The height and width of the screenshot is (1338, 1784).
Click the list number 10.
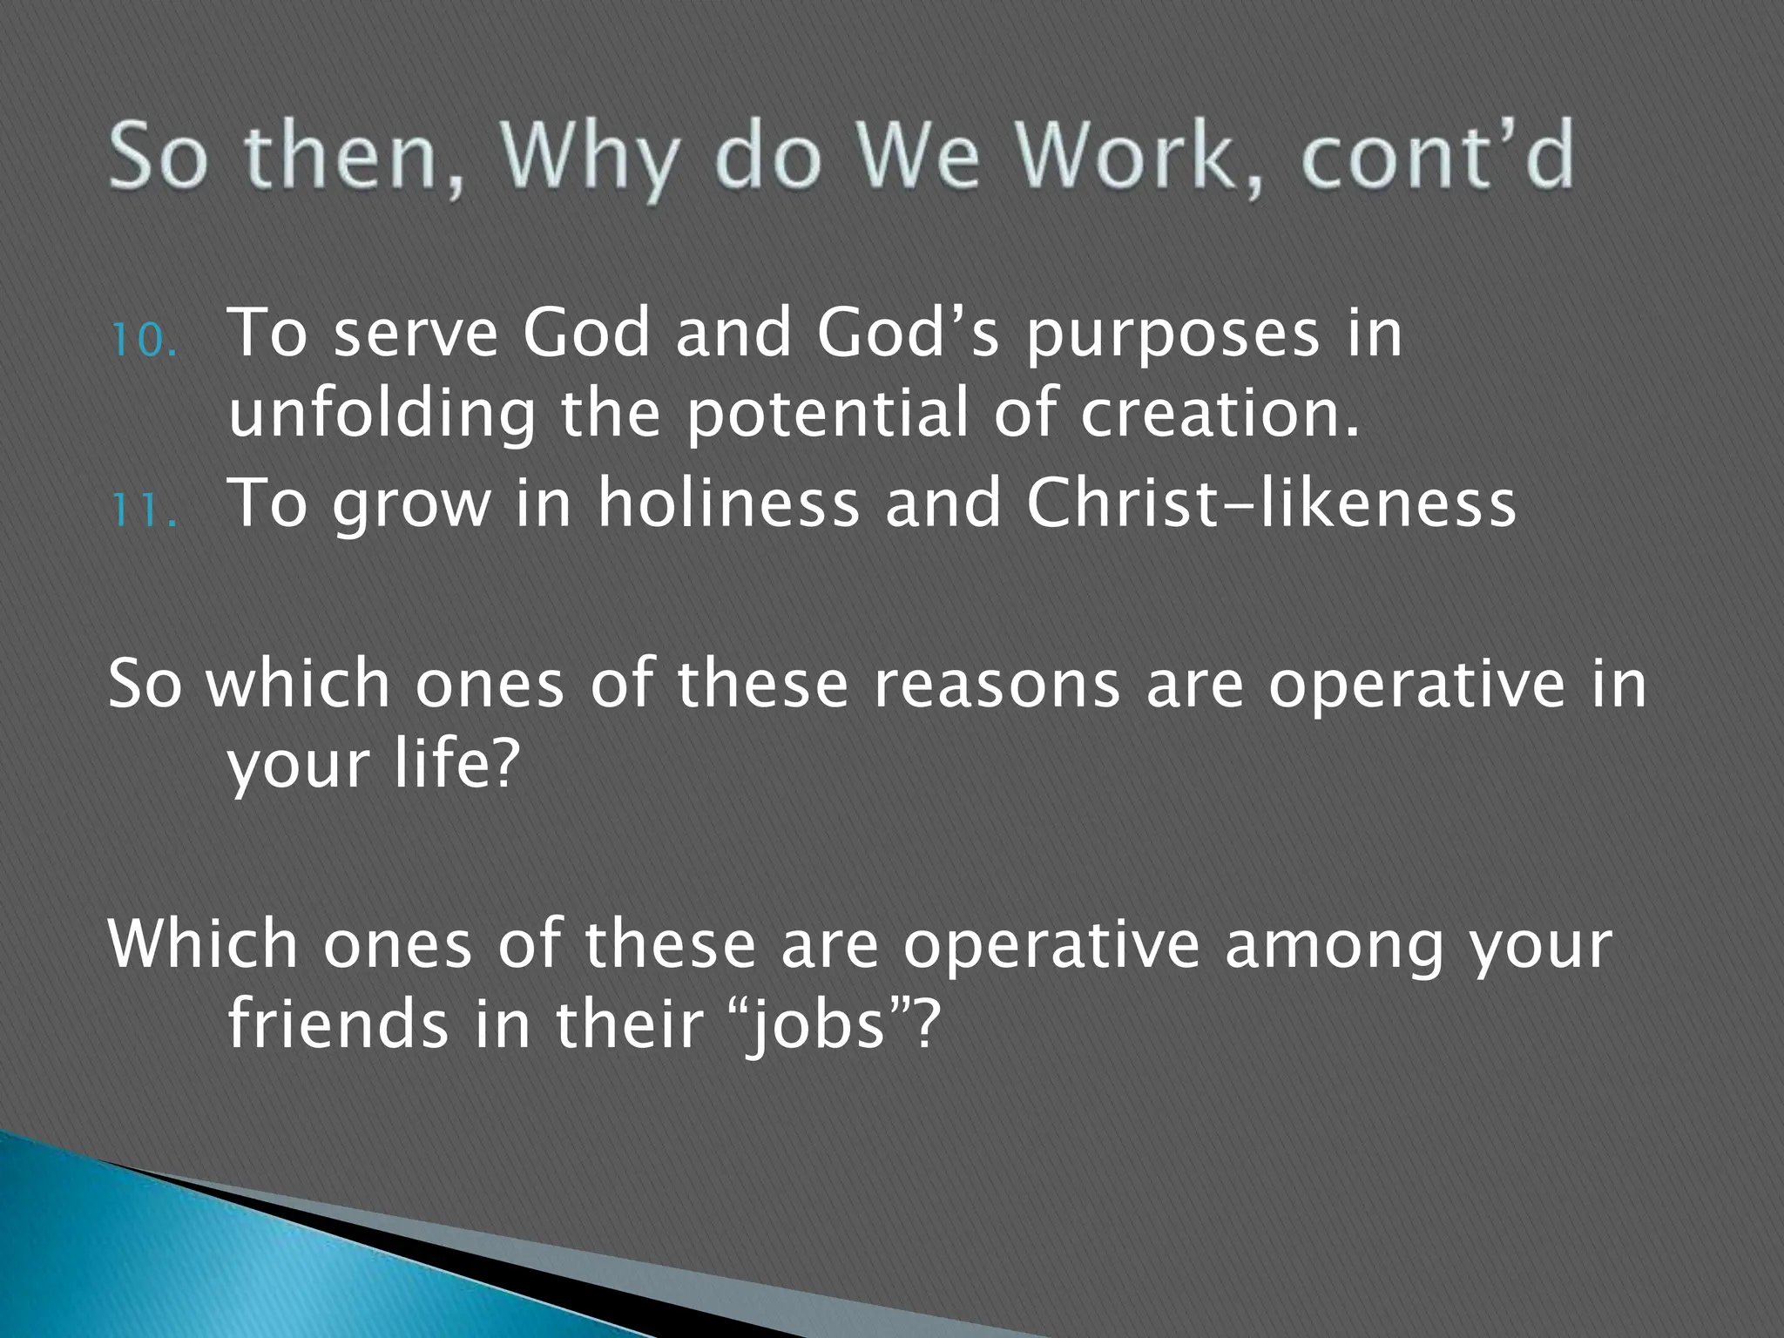click(x=144, y=341)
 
